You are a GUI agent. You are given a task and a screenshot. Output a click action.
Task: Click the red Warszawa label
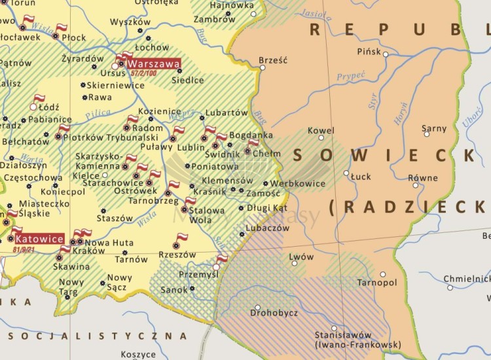click(x=154, y=64)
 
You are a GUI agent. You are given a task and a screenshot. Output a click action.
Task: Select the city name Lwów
click(x=302, y=257)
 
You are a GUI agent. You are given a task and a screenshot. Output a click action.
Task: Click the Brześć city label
click(x=273, y=60)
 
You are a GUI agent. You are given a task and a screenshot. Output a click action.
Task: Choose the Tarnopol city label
click(x=377, y=282)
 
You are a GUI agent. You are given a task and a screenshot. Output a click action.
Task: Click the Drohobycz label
click(x=273, y=313)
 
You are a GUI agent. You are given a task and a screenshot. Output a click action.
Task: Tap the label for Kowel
click(x=321, y=130)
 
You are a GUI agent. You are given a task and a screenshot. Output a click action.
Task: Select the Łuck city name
click(x=361, y=176)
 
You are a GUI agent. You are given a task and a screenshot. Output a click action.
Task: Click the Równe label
click(x=423, y=177)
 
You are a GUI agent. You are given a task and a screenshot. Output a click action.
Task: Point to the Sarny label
click(x=434, y=128)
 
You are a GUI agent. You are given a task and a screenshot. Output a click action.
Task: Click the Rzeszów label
click(x=177, y=254)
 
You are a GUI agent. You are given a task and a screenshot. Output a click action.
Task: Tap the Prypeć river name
click(x=351, y=77)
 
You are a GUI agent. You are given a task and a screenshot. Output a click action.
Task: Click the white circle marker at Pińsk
click(x=386, y=54)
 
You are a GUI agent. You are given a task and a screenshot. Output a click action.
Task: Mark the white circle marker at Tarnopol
click(x=383, y=274)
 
